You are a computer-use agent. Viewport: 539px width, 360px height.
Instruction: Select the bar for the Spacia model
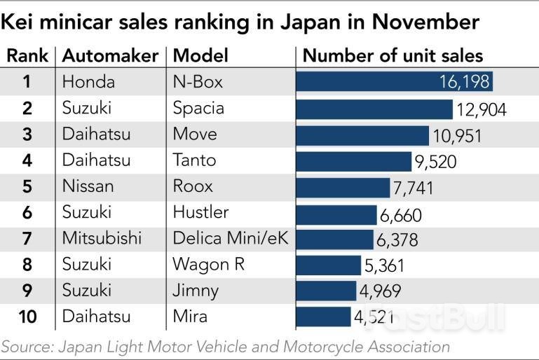(x=374, y=109)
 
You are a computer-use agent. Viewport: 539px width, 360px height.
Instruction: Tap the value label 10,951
(x=457, y=135)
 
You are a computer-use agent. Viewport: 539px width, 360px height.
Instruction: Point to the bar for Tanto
(x=354, y=161)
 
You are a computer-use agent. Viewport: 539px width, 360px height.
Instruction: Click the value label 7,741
(x=414, y=188)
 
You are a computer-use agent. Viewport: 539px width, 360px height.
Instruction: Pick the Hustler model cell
(x=200, y=213)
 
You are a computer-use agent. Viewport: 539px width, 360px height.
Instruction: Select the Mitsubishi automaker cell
(x=102, y=239)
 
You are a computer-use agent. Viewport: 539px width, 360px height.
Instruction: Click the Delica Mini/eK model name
(x=231, y=239)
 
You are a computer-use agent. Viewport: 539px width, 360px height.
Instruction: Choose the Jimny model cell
(x=196, y=290)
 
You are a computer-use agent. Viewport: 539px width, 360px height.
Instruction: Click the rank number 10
(x=27, y=317)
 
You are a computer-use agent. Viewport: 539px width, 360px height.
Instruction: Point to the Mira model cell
(x=190, y=317)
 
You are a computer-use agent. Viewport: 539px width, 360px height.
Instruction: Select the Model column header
(x=198, y=56)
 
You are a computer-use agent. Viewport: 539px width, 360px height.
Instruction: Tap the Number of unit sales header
(x=393, y=56)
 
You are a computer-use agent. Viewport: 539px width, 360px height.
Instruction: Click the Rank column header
(x=27, y=56)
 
